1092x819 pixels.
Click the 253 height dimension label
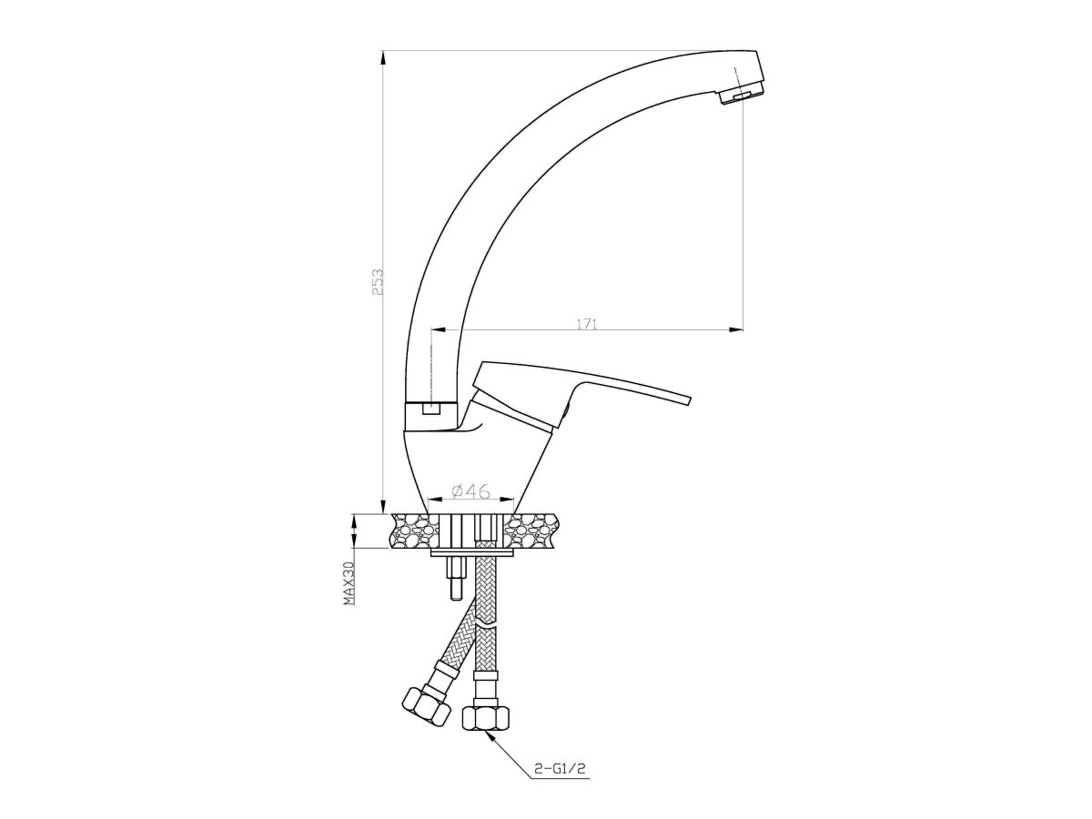tap(378, 283)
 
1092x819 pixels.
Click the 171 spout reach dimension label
tap(587, 324)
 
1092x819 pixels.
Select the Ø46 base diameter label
tap(470, 491)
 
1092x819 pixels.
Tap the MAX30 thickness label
tap(349, 582)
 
